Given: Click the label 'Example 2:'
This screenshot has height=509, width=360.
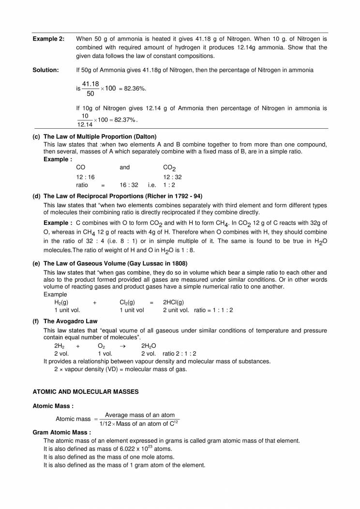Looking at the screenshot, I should (48, 39).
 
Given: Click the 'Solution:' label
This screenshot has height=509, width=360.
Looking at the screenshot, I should (45, 70).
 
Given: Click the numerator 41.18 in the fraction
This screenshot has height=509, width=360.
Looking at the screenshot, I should (90, 84).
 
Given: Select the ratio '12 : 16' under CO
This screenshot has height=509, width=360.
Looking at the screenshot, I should (85, 177).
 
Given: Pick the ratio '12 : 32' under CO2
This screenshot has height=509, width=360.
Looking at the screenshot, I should (172, 177).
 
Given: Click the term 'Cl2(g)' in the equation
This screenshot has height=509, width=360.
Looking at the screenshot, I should (128, 302).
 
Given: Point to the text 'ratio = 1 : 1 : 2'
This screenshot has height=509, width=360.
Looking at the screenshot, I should (213, 310).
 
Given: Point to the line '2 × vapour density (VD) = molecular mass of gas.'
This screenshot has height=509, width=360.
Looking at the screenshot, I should (120, 369).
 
